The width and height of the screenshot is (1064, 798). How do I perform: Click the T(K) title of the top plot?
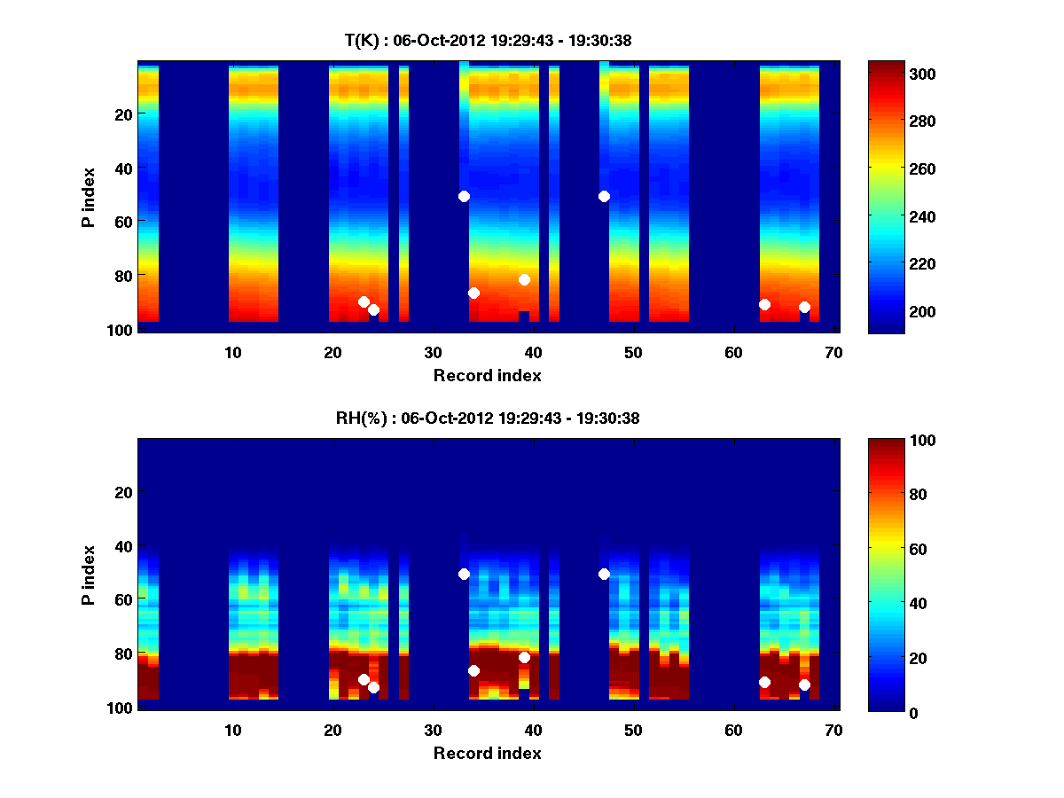pos(488,40)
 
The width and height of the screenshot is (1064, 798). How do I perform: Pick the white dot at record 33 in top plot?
pos(464,196)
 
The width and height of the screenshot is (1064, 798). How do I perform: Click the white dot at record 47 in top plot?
pos(604,196)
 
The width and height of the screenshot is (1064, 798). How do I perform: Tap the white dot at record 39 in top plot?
pos(524,279)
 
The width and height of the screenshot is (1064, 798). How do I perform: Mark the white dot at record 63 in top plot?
pos(764,304)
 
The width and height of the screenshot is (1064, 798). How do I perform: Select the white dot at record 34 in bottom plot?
pos(473,670)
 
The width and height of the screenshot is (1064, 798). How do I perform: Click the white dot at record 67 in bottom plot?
pos(804,685)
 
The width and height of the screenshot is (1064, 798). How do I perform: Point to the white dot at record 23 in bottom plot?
pos(364,679)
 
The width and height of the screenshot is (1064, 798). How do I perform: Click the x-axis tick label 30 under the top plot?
pos(433,352)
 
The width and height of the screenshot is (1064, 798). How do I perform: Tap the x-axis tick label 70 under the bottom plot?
pos(833,730)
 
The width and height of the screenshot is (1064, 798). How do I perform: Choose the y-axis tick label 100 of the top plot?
pos(121,329)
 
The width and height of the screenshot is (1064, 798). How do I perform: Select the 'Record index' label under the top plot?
pos(487,375)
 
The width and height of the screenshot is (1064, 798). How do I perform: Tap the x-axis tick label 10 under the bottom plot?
pos(232,730)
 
